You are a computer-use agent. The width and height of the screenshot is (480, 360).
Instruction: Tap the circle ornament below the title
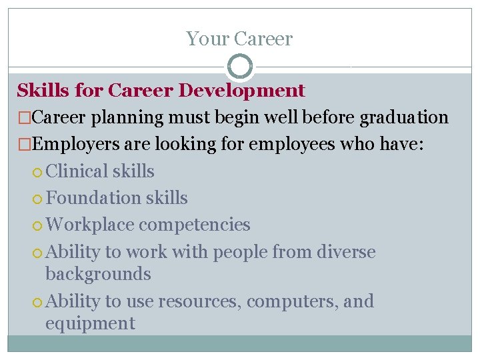[240, 66]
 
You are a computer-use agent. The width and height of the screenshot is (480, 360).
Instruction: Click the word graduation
[404, 118]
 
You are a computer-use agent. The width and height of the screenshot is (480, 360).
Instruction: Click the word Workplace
[91, 225]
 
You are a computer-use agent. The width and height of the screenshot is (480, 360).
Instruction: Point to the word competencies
[195, 225]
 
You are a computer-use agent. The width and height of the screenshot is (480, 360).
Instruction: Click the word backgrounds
[98, 274]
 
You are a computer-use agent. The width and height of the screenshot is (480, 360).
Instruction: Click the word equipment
[90, 324]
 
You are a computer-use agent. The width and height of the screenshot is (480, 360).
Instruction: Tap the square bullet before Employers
[23, 145]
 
